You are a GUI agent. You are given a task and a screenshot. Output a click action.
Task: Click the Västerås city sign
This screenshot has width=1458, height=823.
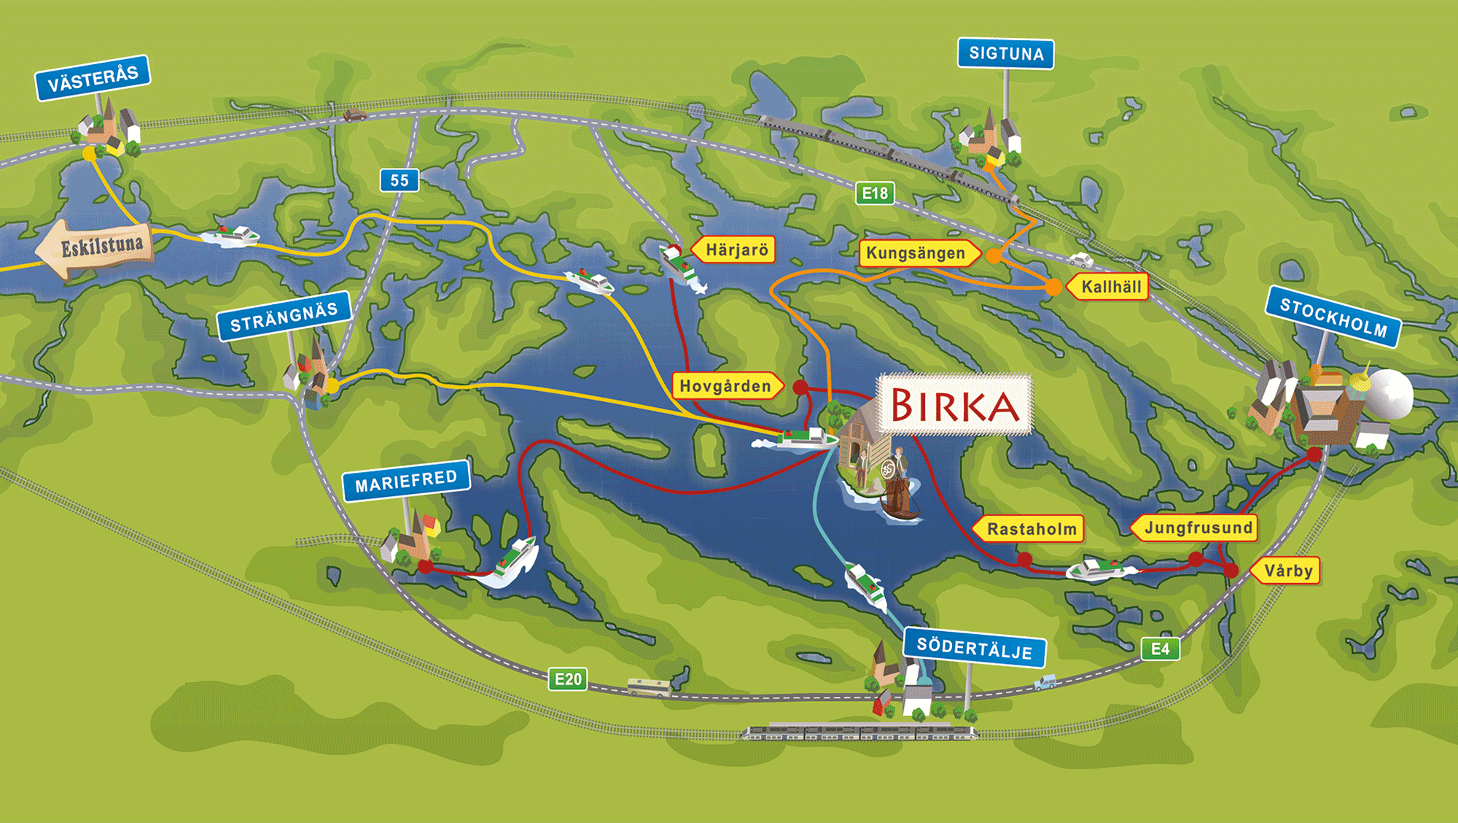(93, 78)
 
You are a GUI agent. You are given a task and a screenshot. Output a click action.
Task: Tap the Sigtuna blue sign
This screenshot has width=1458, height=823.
(1005, 53)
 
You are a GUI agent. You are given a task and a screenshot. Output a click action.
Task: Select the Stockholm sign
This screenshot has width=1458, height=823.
(1333, 317)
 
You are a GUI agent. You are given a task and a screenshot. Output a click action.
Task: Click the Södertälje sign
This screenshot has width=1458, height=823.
(974, 648)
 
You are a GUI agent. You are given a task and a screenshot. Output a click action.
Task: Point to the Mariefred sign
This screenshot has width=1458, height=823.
(406, 481)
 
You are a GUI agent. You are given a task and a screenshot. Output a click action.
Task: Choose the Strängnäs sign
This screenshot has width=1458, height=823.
(284, 317)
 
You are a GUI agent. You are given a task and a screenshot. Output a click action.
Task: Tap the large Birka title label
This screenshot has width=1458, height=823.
(954, 405)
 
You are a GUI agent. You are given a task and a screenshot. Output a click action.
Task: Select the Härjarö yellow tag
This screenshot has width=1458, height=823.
(735, 250)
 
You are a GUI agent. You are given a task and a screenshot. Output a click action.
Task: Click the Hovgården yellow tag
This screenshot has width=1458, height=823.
(726, 386)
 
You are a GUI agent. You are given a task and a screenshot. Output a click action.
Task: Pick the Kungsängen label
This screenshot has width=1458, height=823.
(917, 253)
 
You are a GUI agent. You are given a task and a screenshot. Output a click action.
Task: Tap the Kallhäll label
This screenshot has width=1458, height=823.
(1110, 287)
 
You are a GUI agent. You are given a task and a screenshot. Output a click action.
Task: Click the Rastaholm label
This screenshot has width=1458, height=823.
(1030, 529)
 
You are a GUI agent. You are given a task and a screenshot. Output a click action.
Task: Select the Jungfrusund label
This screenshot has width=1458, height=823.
(1196, 528)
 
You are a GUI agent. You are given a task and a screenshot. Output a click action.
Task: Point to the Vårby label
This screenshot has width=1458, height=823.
(1287, 571)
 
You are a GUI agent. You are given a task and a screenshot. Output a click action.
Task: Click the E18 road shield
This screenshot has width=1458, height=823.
(875, 193)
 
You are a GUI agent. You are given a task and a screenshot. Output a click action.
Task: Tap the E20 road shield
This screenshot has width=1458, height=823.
(568, 679)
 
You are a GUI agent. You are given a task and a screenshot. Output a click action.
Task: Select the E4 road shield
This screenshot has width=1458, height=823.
(1160, 649)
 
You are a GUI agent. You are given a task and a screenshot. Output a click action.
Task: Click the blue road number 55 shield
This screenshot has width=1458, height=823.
(399, 180)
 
